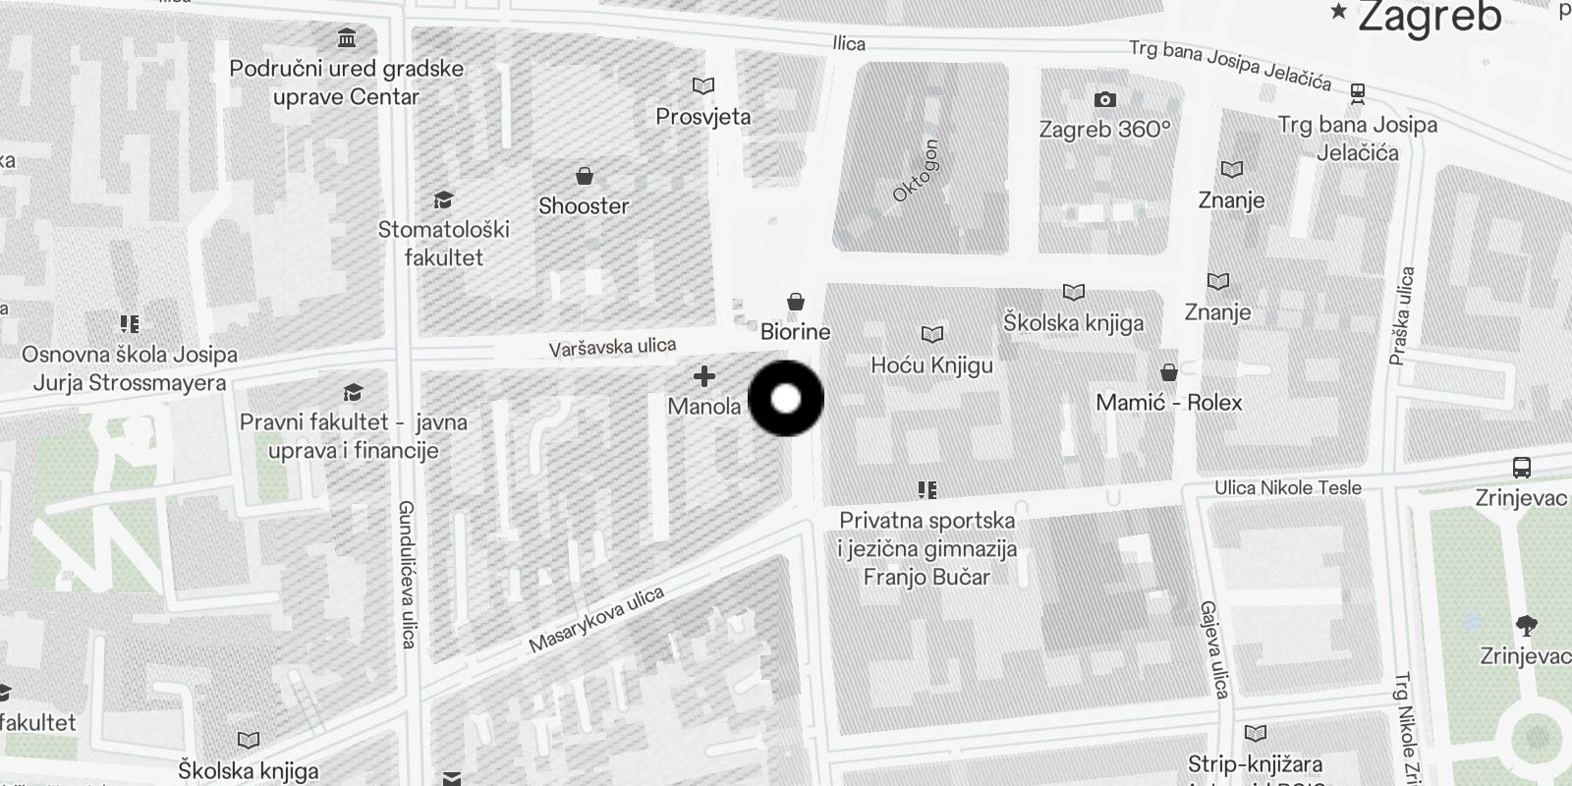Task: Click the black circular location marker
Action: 786,399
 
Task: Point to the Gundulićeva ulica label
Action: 408,575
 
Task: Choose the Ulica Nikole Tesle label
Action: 1287,487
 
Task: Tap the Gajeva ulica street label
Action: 1214,649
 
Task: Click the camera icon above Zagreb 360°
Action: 1104,99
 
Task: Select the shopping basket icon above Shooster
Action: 585,176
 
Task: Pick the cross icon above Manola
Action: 703,376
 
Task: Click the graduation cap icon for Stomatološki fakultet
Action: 443,200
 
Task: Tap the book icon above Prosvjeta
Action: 702,86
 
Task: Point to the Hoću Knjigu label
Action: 931,365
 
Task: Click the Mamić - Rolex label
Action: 1168,403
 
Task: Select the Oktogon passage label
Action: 916,171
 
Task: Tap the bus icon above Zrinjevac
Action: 1522,468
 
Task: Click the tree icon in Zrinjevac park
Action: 1526,625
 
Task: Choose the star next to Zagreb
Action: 1338,12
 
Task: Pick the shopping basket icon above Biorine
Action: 796,302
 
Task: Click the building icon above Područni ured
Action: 346,38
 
